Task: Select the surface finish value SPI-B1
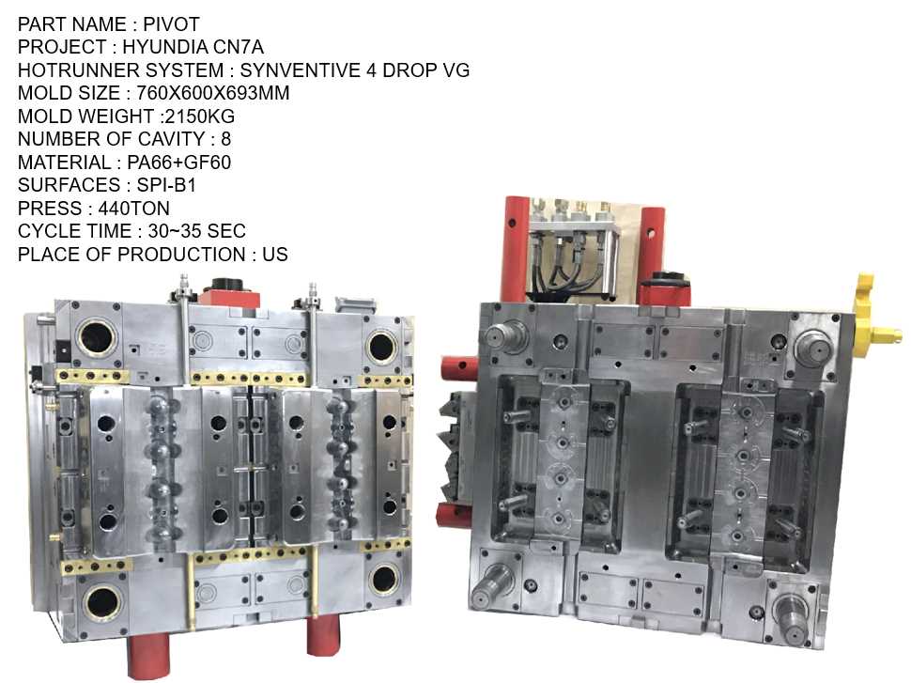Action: [x=166, y=185]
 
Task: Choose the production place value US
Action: [x=275, y=255]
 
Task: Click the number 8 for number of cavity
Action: [x=226, y=139]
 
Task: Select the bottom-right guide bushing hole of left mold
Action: [x=384, y=580]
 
